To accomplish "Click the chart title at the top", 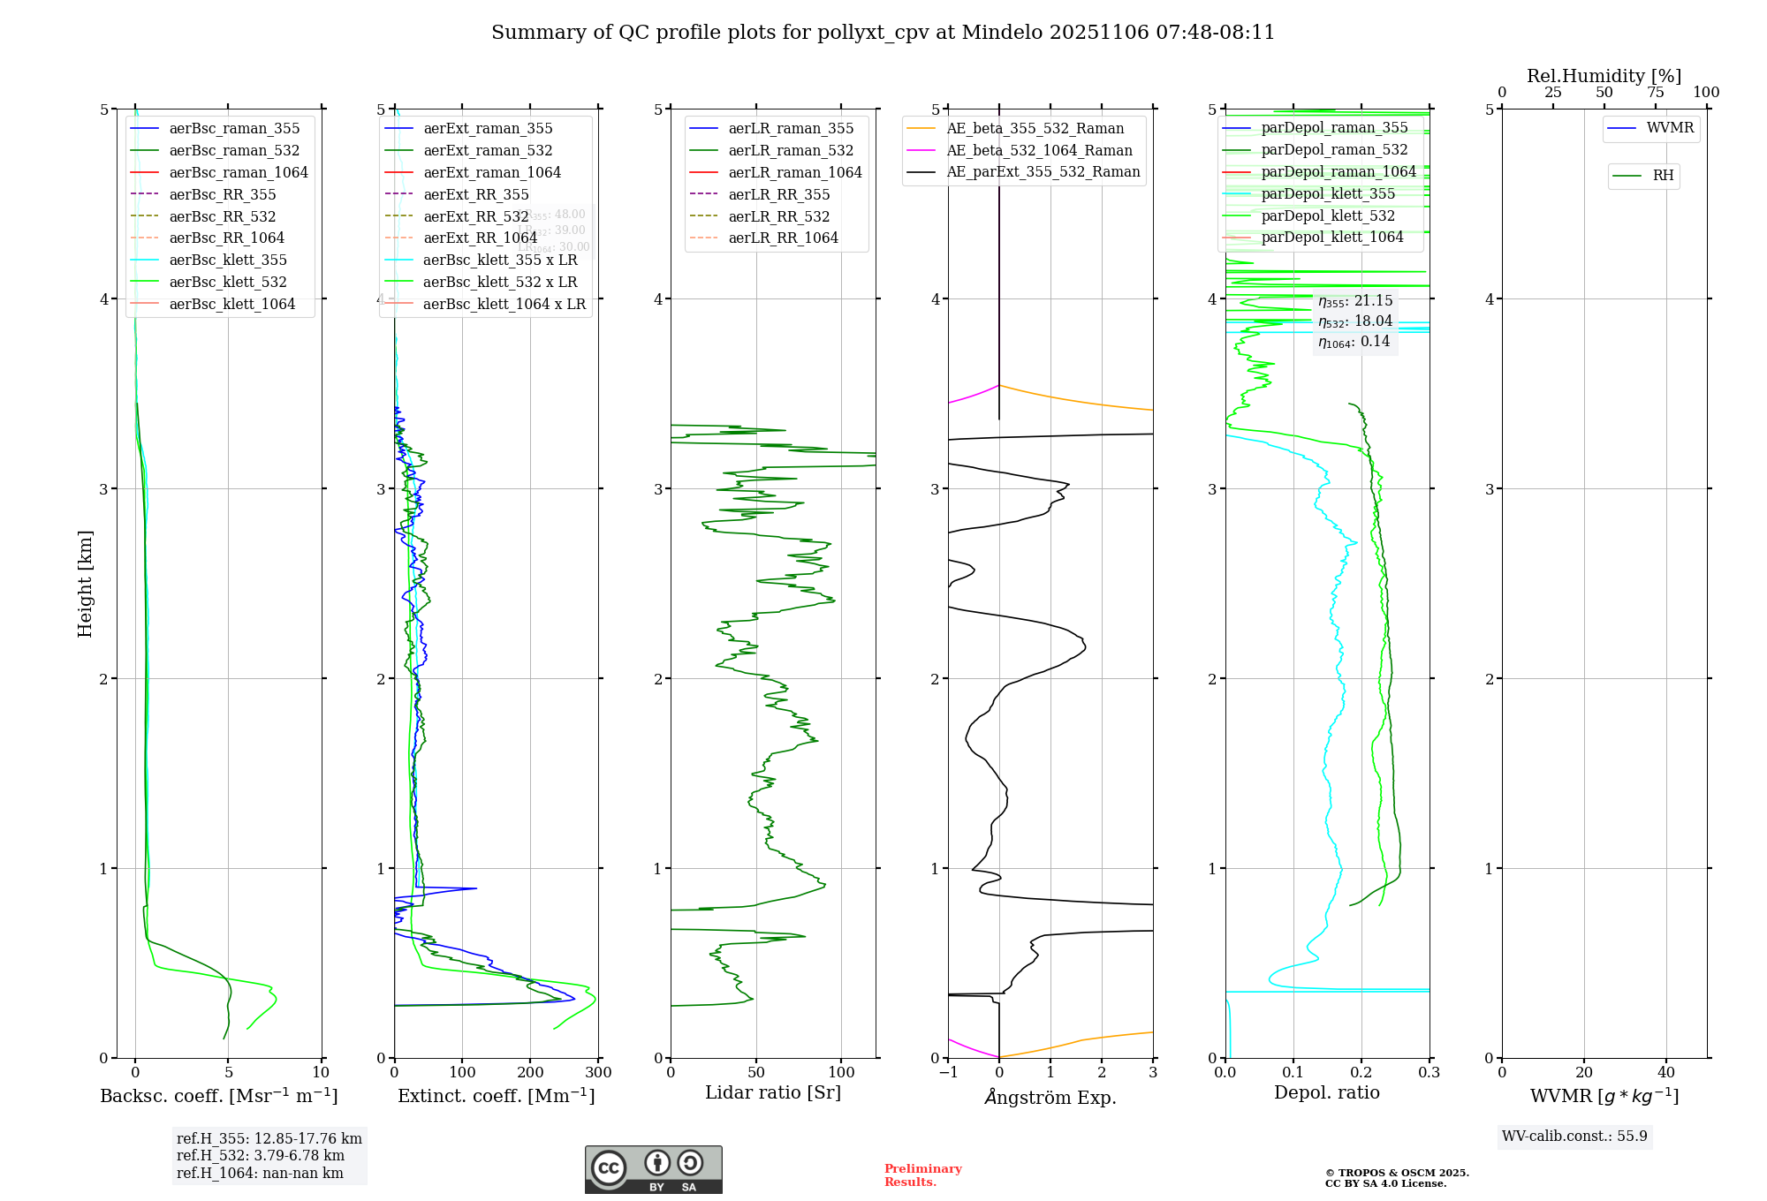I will point(883,33).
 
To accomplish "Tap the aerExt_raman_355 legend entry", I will point(488,129).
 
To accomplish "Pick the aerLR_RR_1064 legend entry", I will point(783,238).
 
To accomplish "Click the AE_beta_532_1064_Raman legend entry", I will point(1039,151).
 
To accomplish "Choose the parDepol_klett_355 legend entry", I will point(1328,194).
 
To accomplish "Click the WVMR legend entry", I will point(1670,128).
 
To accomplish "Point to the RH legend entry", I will point(1663,176).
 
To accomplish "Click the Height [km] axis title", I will point(85,584).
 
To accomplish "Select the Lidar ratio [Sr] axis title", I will point(773,1093).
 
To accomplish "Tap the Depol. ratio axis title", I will point(1326,1093).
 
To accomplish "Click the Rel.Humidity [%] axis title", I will point(1604,76).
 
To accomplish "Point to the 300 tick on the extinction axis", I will point(598,1073).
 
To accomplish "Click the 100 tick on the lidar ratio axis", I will point(841,1073).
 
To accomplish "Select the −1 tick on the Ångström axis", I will point(948,1073).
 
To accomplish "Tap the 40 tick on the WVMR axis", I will point(1666,1073).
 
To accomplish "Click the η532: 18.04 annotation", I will point(1355,321).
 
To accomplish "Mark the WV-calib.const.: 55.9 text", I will point(1574,1137).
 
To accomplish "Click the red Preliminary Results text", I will point(922,1175).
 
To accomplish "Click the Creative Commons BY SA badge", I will point(653,1170).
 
